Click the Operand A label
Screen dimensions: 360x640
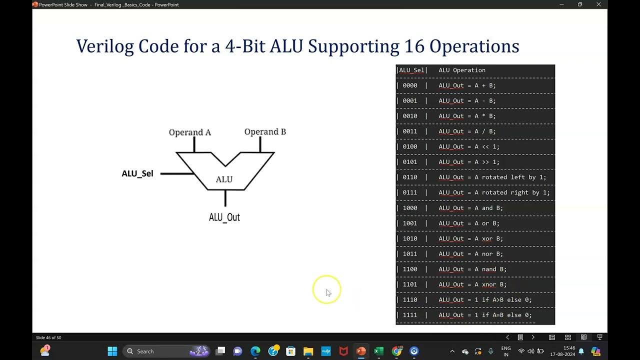(x=189, y=132)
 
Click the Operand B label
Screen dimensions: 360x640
(x=265, y=132)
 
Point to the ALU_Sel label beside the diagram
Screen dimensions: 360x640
(x=137, y=173)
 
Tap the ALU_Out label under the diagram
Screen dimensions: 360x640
(x=224, y=217)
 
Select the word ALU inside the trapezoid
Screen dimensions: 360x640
(x=224, y=179)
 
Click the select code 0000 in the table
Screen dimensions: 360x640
(x=410, y=85)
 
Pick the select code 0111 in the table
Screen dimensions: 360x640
(x=410, y=192)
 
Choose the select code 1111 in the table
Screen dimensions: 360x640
(x=410, y=315)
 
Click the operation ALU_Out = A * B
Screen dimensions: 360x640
(x=467, y=116)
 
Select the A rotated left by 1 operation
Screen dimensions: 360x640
(x=492, y=177)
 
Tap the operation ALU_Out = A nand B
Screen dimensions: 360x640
(x=472, y=269)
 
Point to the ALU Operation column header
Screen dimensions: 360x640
(x=462, y=70)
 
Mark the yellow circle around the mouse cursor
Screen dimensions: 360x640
(x=326, y=289)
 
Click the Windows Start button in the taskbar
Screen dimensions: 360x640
(x=112, y=351)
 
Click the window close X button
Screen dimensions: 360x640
(x=598, y=4)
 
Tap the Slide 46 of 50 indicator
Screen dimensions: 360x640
(x=48, y=337)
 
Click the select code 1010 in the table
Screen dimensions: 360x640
(x=410, y=238)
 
